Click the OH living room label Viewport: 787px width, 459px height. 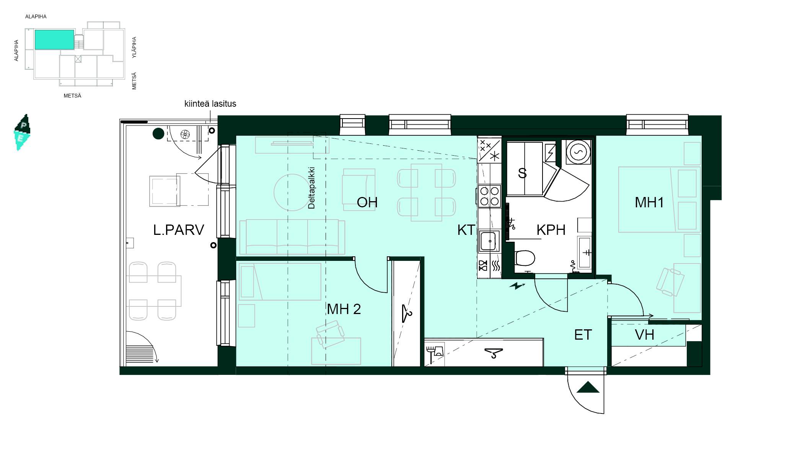point(367,202)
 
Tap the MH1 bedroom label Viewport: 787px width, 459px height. point(649,202)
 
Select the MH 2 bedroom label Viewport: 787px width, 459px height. point(344,309)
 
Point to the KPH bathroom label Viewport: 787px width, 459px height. point(551,230)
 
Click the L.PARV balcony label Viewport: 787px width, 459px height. point(178,230)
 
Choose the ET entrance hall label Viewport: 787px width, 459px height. point(583,335)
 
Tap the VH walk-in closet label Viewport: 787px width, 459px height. point(644,335)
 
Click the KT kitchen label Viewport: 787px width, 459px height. point(466,230)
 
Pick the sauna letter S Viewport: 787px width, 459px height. point(522,173)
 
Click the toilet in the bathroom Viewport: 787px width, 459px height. point(525,258)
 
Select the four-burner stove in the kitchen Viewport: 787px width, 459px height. point(489,196)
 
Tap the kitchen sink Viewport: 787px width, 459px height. point(489,241)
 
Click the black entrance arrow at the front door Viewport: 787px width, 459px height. point(588,387)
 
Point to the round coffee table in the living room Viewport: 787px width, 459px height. point(292,192)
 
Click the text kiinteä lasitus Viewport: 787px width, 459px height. point(210,104)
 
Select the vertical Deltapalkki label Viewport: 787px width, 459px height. point(311,188)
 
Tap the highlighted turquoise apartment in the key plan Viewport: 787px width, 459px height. point(54,39)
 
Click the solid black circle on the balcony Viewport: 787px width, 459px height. point(158,133)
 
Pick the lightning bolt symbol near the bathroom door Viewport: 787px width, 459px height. point(517,286)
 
